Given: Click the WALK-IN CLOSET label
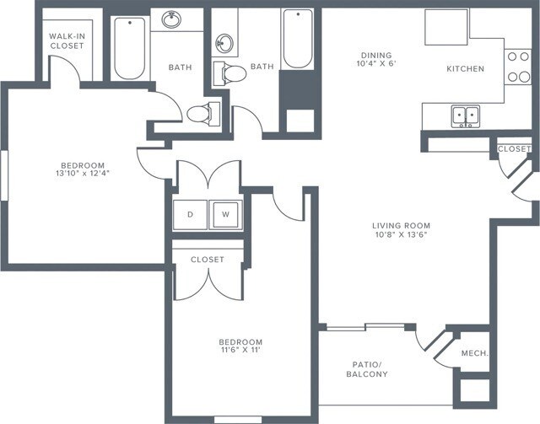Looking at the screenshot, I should (67, 40).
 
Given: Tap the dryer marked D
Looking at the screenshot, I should (190, 215).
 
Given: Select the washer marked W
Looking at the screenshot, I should (225, 215).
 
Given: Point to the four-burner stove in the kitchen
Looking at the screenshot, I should (516, 67).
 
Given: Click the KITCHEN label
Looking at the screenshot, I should (465, 68).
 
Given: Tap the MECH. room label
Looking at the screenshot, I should (474, 353).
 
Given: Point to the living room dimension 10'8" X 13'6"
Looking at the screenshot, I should (402, 237).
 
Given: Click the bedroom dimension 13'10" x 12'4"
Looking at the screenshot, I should (82, 174).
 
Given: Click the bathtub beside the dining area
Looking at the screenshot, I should (297, 39).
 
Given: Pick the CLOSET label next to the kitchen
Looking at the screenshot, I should (514, 149).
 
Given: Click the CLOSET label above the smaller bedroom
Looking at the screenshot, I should (207, 260).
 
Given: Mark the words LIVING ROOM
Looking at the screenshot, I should (402, 226).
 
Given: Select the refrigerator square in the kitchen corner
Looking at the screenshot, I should (446, 27).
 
